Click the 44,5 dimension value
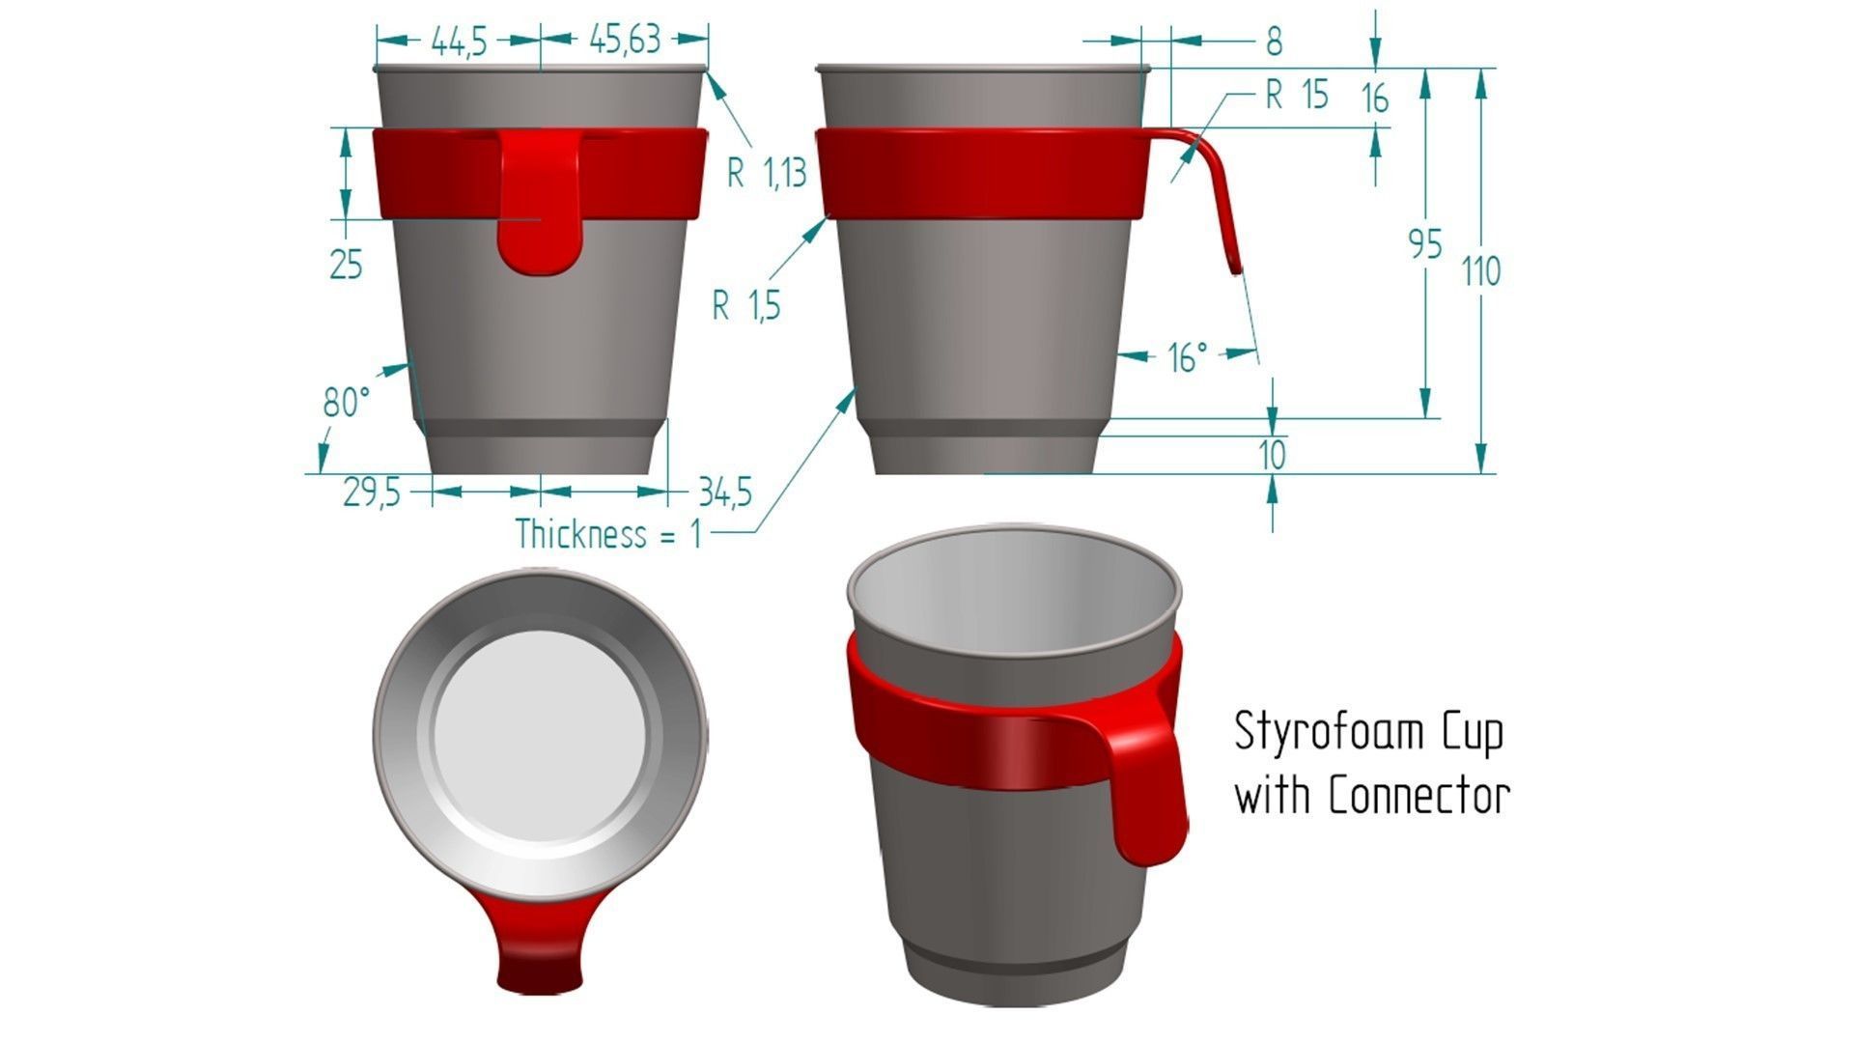click(458, 42)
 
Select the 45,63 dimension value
click(625, 40)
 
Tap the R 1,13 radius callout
click(766, 174)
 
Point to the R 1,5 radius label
click(745, 306)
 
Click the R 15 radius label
click(1297, 96)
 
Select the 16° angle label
click(1188, 358)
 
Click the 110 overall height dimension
click(1480, 271)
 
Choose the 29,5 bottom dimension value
click(371, 493)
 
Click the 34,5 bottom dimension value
click(725, 493)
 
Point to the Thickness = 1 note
click(608, 534)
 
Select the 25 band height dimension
click(346, 264)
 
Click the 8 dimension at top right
click(1274, 42)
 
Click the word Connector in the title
click(1419, 797)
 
